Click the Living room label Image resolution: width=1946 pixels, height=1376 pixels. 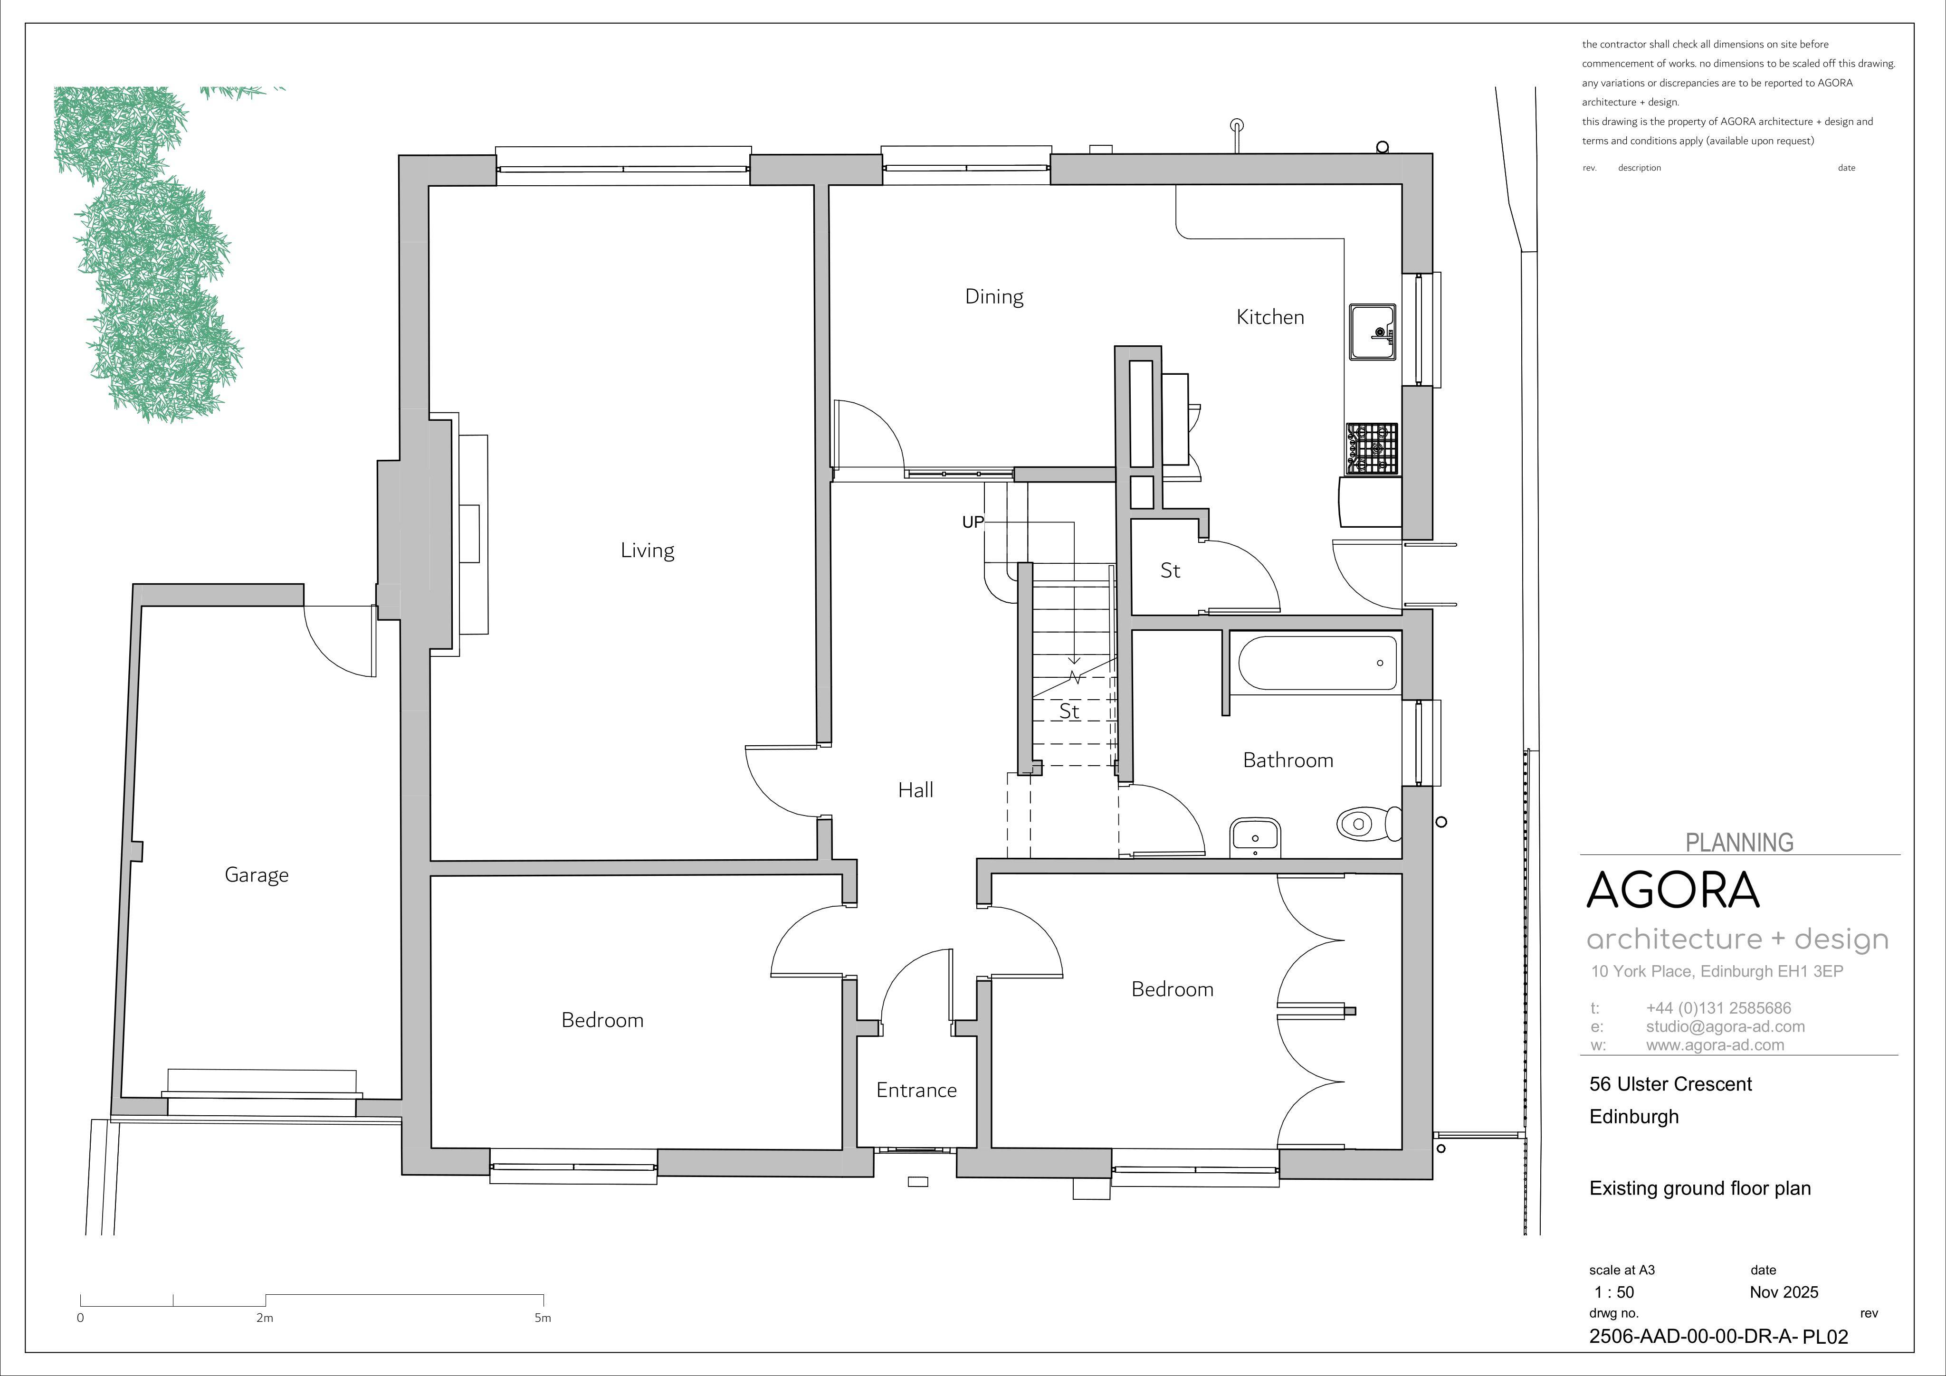point(648,551)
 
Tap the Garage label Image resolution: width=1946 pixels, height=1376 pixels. point(257,875)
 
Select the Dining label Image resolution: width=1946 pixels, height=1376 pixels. point(994,296)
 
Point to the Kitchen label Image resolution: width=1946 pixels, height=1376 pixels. point(1269,317)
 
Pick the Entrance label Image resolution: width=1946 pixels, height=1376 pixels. point(916,1091)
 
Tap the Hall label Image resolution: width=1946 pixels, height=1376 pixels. point(916,790)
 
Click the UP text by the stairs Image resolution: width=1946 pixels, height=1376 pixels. point(973,522)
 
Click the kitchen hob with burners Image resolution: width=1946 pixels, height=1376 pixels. point(1371,448)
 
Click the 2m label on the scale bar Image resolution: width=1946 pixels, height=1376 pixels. point(265,1318)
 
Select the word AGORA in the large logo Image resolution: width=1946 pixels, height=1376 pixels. point(1673,890)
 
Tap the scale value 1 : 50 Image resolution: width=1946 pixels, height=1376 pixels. point(1614,1292)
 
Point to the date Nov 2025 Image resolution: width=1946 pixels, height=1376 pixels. point(1784,1292)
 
